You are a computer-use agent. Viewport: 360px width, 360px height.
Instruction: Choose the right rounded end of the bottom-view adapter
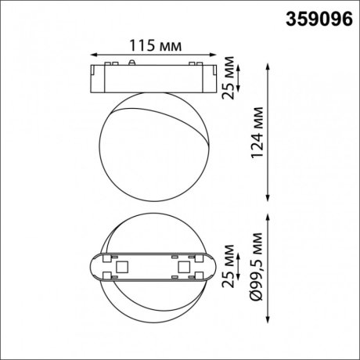[213, 268]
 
